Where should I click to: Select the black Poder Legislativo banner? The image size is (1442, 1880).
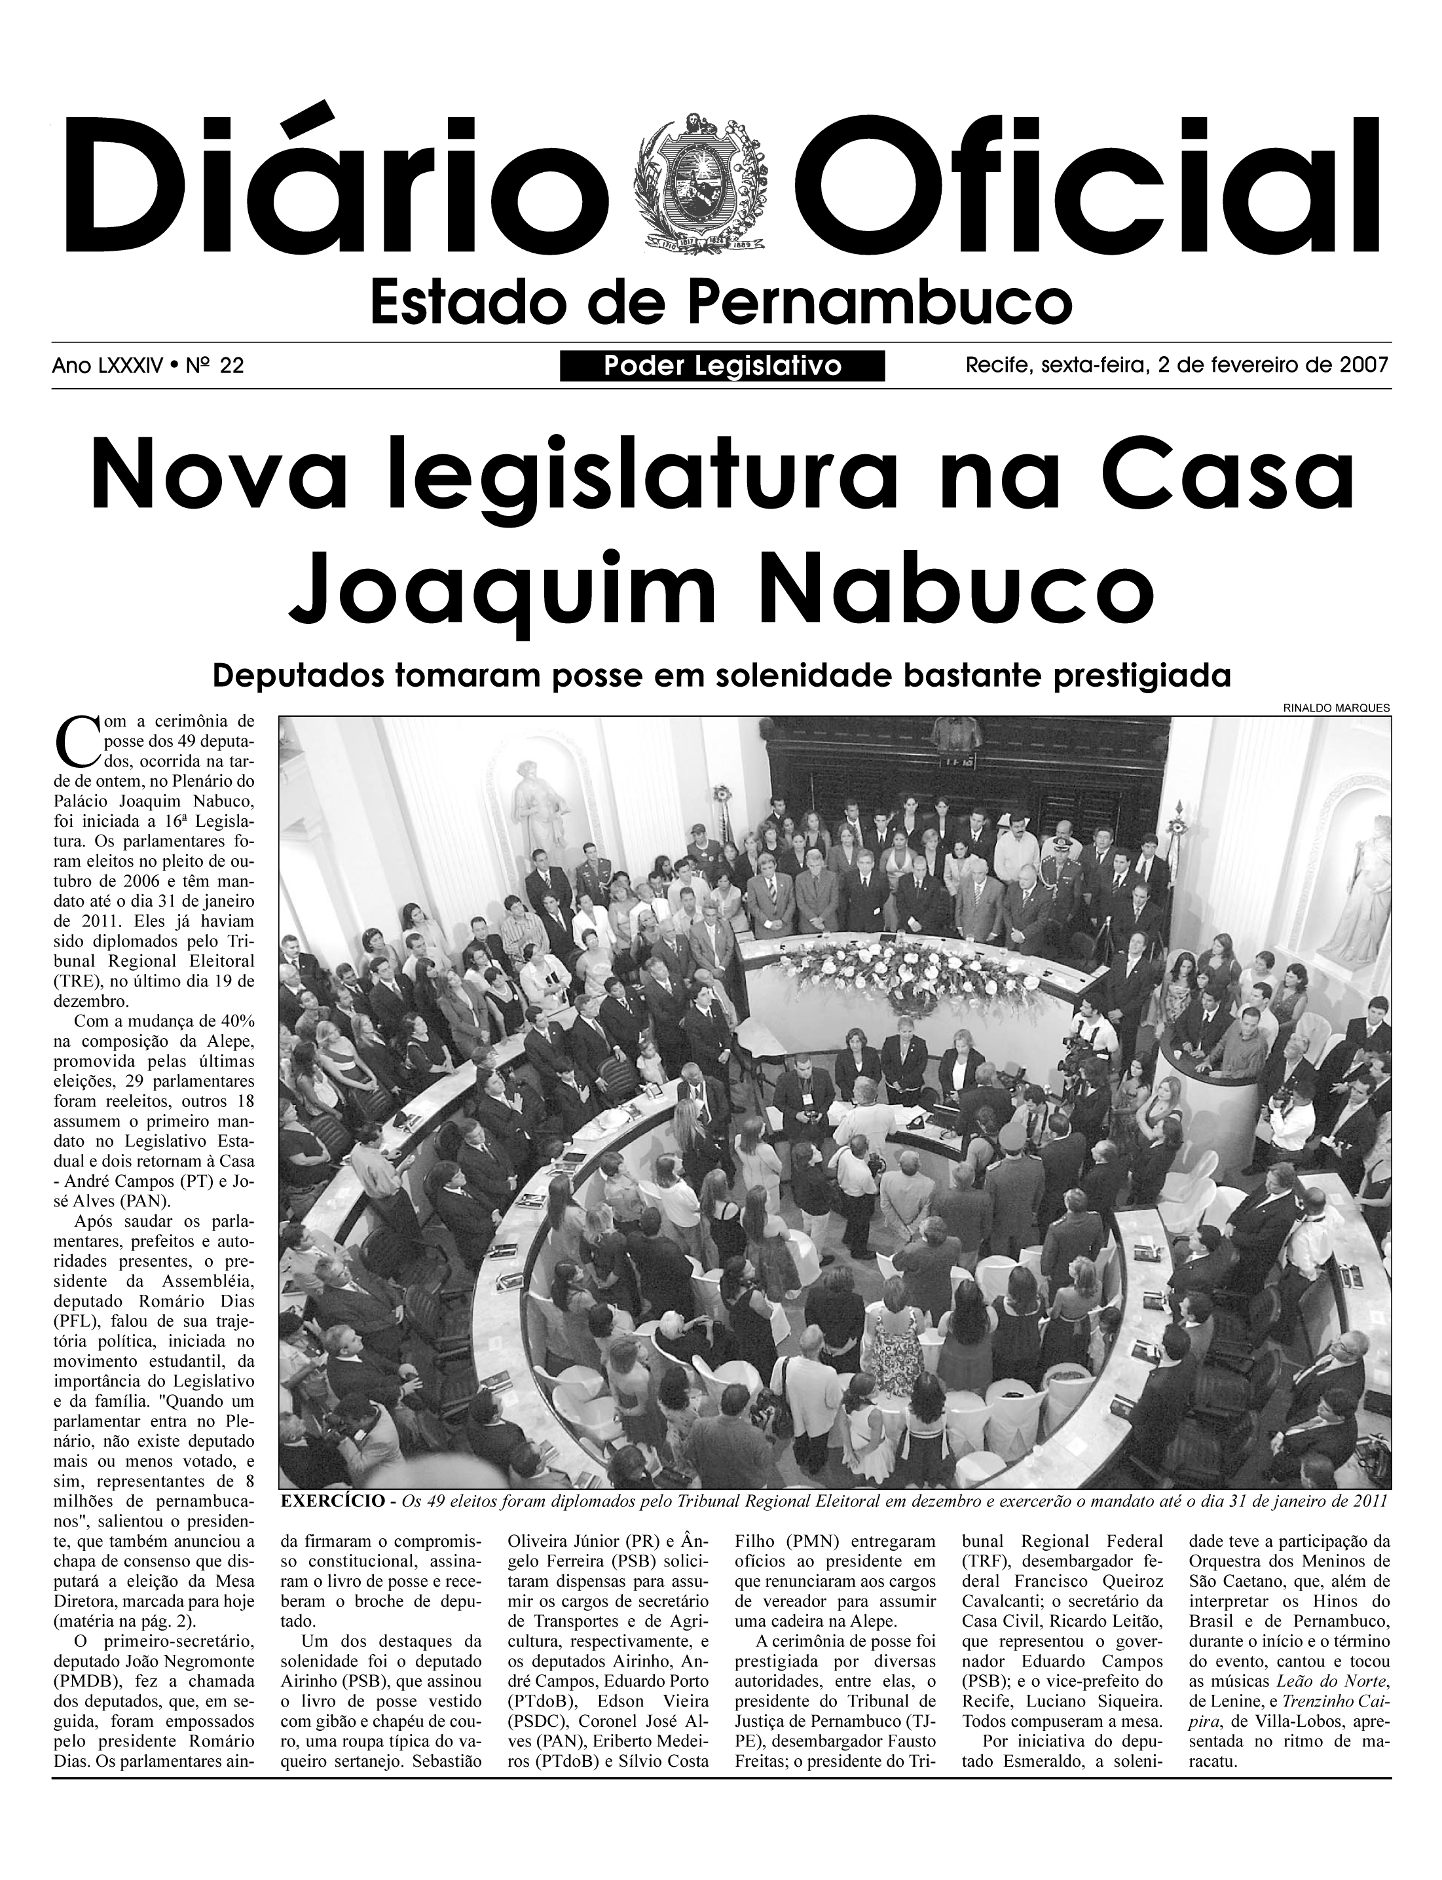tap(722, 367)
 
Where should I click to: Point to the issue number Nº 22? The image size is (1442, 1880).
tap(217, 367)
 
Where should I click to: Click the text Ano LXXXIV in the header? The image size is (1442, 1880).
tap(107, 367)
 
